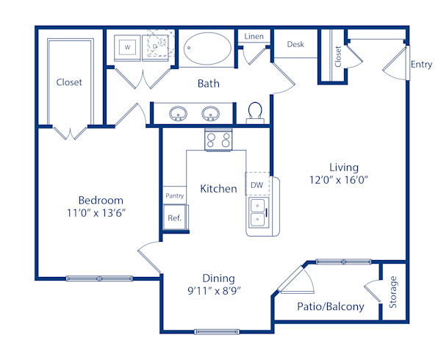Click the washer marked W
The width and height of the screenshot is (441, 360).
tap(127, 47)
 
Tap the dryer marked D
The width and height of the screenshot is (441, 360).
tap(159, 45)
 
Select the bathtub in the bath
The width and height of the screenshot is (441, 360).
tap(207, 48)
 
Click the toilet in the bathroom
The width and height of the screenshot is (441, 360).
tap(256, 112)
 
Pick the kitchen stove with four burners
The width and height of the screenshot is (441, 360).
tap(218, 139)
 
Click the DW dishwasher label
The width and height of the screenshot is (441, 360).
tap(257, 185)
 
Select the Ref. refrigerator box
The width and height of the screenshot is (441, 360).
tap(175, 217)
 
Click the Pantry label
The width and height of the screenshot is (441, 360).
tap(175, 195)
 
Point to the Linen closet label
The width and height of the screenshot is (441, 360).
tap(254, 36)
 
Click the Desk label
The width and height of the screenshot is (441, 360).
tap(295, 44)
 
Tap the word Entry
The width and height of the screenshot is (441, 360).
tap(421, 65)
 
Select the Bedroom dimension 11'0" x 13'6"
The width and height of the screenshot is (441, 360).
tap(101, 215)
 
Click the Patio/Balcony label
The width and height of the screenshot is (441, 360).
tap(330, 307)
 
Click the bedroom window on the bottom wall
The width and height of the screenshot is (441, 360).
tap(98, 278)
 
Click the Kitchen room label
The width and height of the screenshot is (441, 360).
tap(218, 189)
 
